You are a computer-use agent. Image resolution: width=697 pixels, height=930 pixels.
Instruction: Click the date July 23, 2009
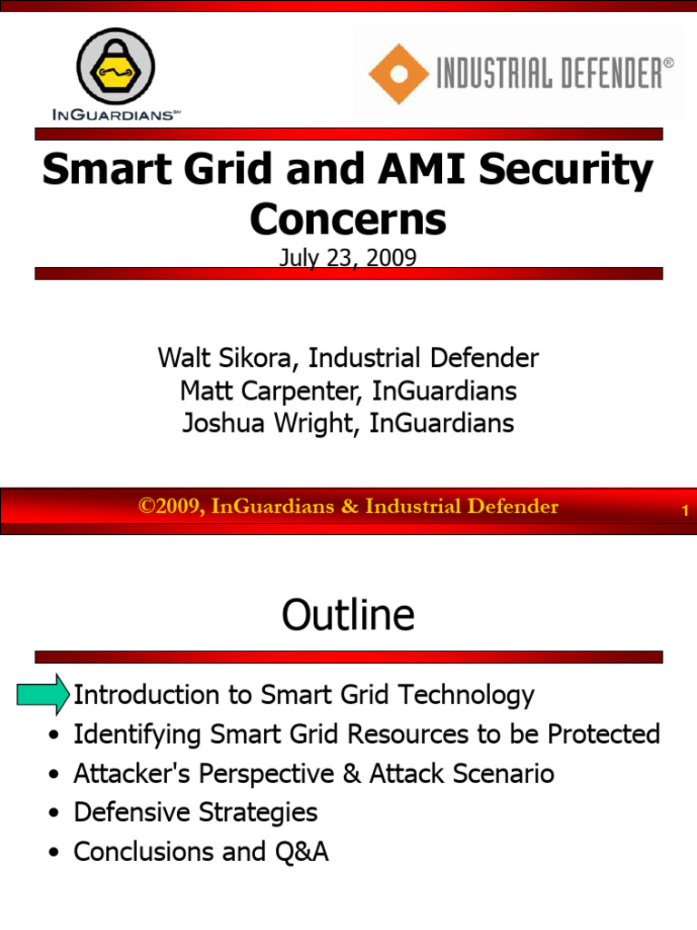tap(348, 258)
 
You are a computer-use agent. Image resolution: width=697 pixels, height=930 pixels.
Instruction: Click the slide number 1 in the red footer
tap(685, 511)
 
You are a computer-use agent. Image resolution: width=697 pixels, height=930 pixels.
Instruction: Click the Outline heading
tap(348, 615)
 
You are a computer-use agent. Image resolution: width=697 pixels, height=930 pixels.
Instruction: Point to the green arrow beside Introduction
tap(43, 694)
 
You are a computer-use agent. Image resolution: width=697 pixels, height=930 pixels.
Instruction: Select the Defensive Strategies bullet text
tap(195, 812)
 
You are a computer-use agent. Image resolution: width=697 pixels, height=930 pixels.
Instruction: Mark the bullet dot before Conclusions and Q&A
tap(56, 854)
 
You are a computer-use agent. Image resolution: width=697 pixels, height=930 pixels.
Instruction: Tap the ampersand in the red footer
tap(349, 507)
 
